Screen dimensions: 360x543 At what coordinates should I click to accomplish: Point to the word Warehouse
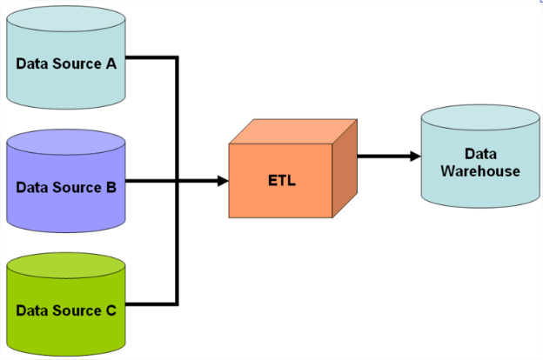click(480, 170)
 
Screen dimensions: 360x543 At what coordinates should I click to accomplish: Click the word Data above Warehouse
click(480, 154)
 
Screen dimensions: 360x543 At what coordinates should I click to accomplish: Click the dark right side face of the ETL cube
click(345, 169)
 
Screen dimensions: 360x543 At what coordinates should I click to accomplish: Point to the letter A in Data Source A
click(122, 63)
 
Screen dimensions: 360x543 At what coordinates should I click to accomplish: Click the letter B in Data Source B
click(122, 186)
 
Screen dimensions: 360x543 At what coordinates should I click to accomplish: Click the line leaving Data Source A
click(153, 58)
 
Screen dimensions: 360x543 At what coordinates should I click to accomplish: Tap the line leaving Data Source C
click(153, 304)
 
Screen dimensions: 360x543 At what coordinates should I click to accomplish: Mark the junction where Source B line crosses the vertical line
click(178, 181)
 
